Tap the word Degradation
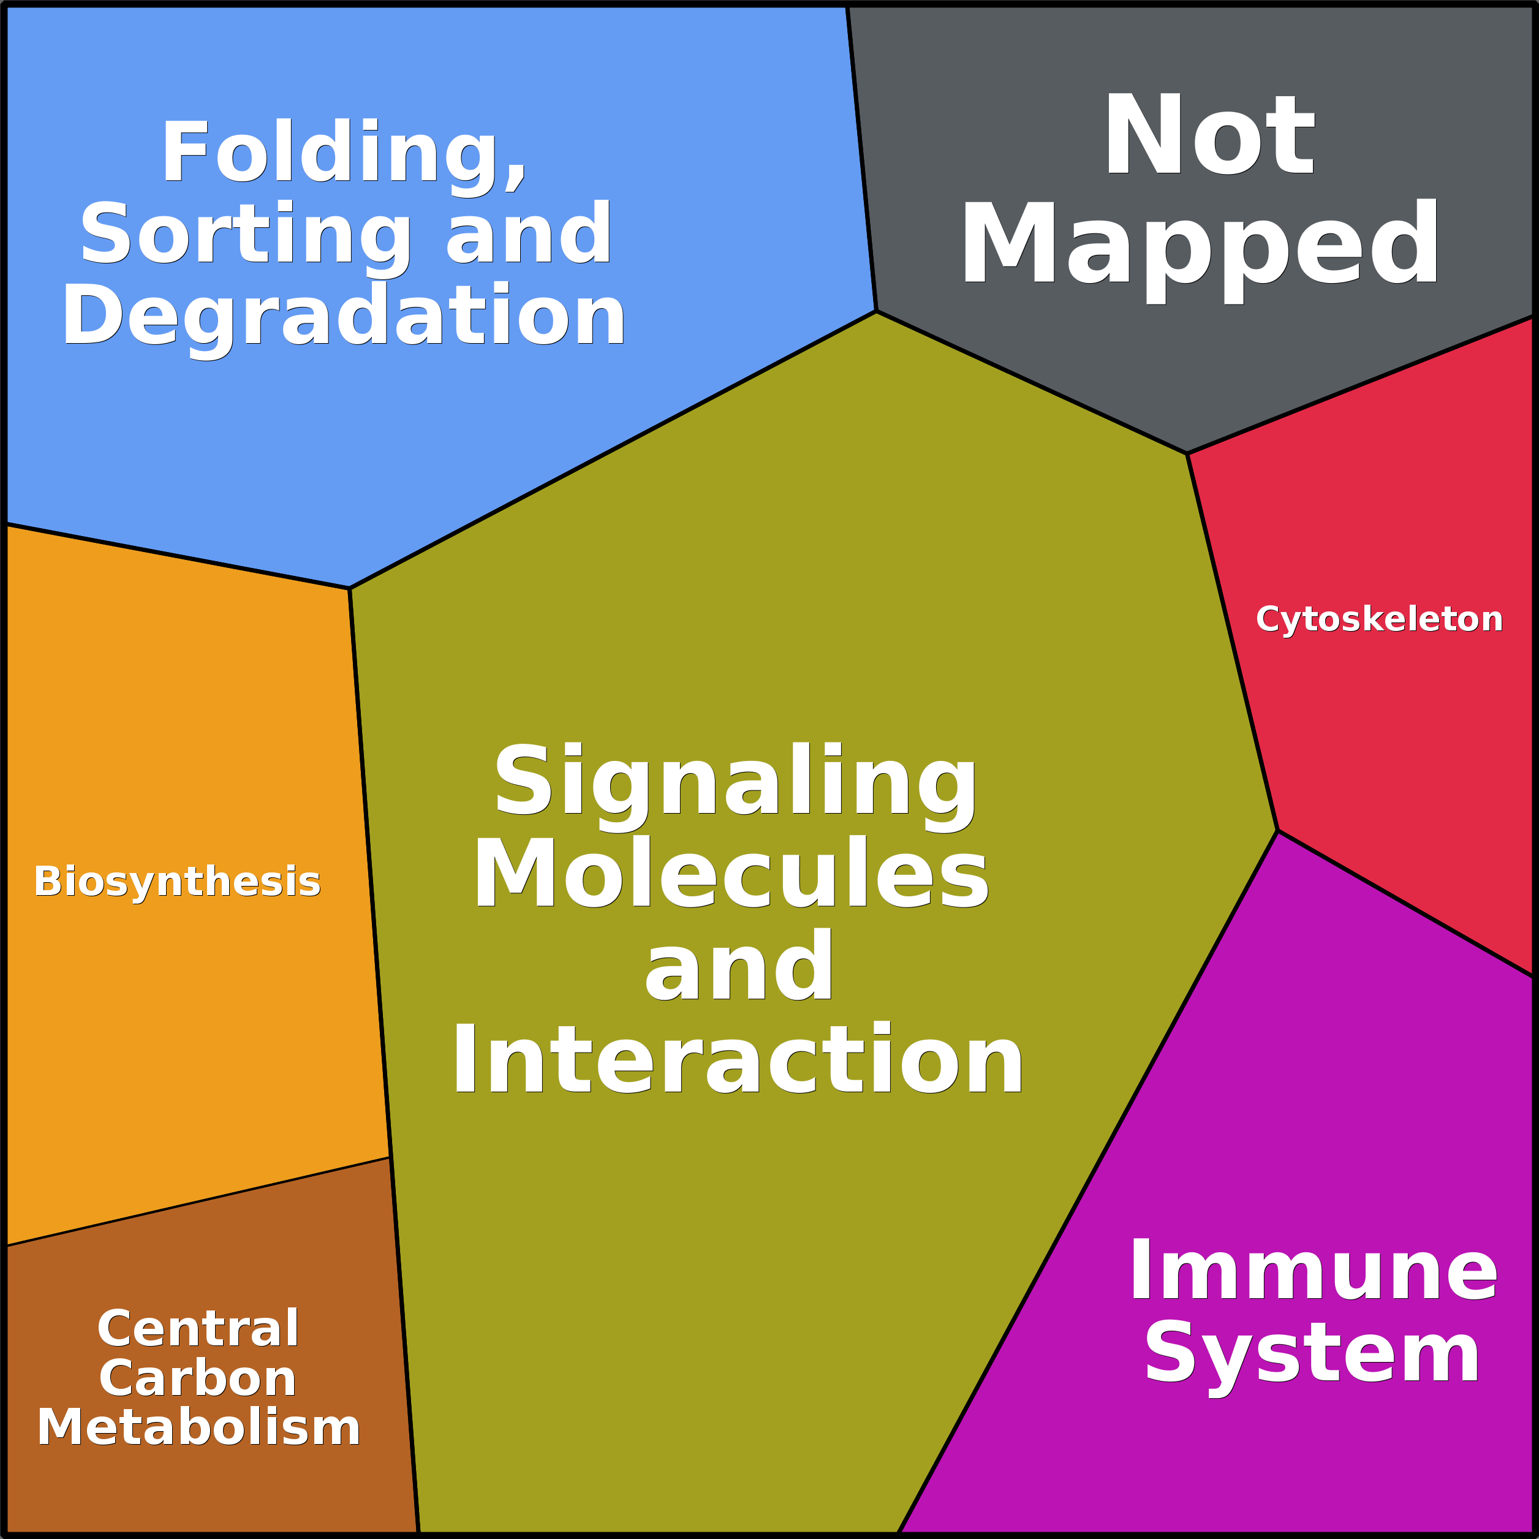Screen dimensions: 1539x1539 pos(344,316)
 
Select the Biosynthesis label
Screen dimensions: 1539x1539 pos(177,881)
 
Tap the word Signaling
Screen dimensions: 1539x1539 pos(735,782)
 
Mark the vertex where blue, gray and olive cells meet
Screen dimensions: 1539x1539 pos(875,311)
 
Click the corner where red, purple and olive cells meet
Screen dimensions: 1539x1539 pos(1277,831)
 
